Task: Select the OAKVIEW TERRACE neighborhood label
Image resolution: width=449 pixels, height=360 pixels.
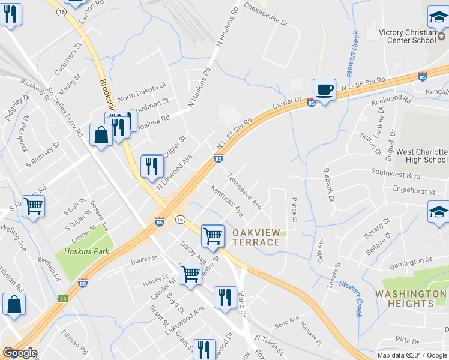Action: click(x=256, y=237)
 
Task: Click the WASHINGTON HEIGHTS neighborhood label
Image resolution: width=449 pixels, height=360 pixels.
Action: click(x=411, y=298)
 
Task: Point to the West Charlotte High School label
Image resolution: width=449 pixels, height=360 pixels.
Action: click(x=422, y=156)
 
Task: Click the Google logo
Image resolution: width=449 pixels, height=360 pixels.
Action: click(x=20, y=353)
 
